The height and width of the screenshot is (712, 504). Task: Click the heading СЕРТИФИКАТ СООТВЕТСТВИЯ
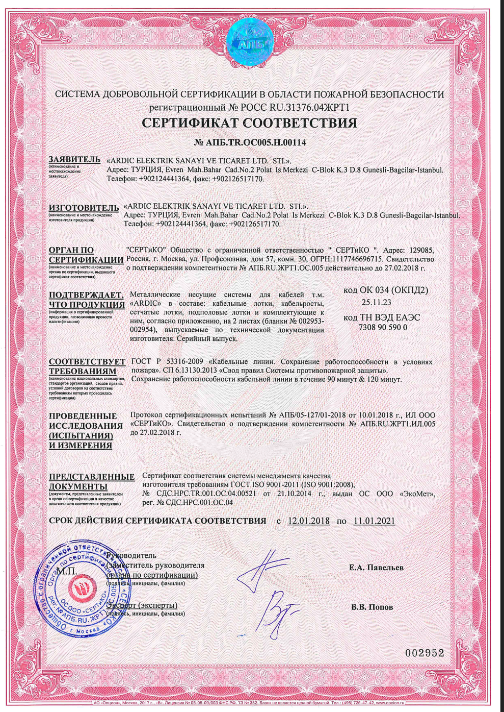249,123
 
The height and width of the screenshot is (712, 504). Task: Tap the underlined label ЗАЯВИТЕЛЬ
74,160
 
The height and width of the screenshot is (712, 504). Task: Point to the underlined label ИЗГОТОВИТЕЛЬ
84,208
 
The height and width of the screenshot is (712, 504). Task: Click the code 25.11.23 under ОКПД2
376,303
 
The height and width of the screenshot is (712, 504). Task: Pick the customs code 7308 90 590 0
383,327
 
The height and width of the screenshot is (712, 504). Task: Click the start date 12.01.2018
309,521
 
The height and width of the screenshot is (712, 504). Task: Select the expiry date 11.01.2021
374,521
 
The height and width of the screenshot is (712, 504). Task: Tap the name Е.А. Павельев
377,568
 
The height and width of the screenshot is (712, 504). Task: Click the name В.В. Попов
372,607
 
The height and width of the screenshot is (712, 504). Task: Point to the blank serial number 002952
425,653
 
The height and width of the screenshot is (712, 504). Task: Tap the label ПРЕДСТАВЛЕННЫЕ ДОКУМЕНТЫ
92,481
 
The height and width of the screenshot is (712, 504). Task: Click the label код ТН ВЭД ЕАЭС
382,317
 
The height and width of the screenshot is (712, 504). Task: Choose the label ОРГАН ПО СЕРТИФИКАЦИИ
86,255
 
